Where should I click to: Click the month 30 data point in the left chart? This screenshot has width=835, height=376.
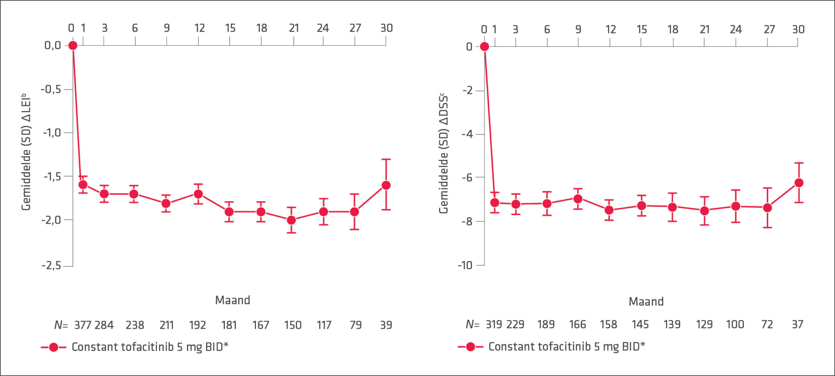pyautogui.click(x=386, y=185)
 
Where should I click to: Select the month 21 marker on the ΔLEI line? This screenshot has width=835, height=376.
pyautogui.click(x=291, y=220)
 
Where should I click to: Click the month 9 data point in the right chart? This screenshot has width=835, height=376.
pyautogui.click(x=578, y=199)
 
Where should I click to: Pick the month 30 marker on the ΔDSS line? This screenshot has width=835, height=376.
pyautogui.click(x=799, y=183)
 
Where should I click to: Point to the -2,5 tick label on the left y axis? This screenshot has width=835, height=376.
pyautogui.click(x=51, y=265)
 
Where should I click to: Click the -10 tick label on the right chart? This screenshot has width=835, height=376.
pyautogui.click(x=465, y=265)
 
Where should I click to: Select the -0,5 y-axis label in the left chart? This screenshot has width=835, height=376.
pyautogui.click(x=51, y=89)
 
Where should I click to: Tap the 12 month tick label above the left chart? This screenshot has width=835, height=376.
pyautogui.click(x=200, y=28)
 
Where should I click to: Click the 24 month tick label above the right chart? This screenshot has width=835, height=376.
pyautogui.click(x=736, y=29)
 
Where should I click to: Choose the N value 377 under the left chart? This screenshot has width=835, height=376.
pyautogui.click(x=83, y=325)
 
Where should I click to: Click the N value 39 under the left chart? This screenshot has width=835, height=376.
pyautogui.click(x=386, y=325)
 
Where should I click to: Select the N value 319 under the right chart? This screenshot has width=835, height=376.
pyautogui.click(x=494, y=324)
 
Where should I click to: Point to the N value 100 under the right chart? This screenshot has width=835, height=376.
pyautogui.click(x=735, y=324)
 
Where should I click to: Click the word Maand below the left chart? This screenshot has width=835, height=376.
pyautogui.click(x=233, y=300)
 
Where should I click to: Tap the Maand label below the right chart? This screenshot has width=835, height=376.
pyautogui.click(x=646, y=302)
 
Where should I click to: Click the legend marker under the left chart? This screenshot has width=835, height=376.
pyautogui.click(x=53, y=347)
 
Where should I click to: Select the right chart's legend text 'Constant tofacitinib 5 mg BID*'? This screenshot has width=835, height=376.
pyautogui.click(x=567, y=346)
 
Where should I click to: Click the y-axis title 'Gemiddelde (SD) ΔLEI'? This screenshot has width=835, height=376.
pyautogui.click(x=26, y=152)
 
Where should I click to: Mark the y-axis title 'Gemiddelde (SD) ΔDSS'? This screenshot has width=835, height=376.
pyautogui.click(x=443, y=153)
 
